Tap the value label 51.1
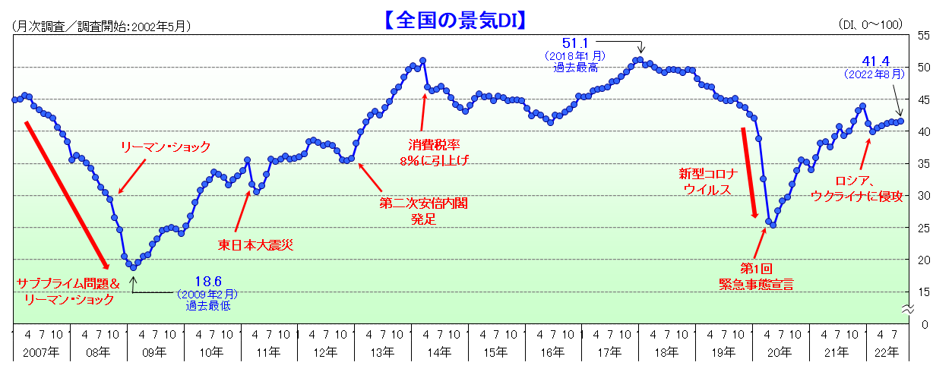click(x=575, y=44)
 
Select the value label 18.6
click(x=207, y=282)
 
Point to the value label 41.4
click(x=875, y=61)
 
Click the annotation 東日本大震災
click(x=255, y=244)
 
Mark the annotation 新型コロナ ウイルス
click(x=708, y=182)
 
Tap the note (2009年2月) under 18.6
click(x=207, y=295)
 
